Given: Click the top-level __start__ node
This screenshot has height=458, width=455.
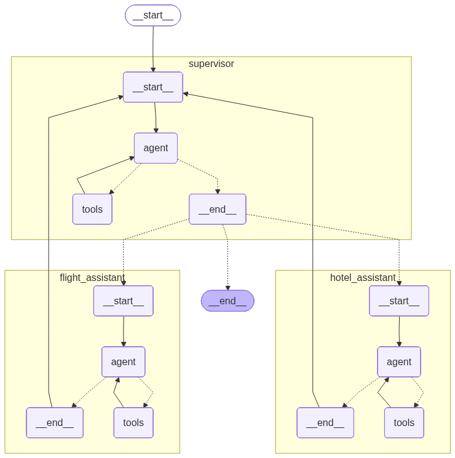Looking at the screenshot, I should (153, 15).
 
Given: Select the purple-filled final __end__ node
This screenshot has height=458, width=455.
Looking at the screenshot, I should (228, 301).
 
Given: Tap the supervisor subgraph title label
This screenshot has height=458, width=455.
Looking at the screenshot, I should (211, 64).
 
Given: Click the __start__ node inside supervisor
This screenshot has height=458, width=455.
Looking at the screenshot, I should (153, 87).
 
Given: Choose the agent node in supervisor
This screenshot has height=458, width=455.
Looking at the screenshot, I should (156, 148).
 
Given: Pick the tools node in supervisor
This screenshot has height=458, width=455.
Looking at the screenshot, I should (92, 209).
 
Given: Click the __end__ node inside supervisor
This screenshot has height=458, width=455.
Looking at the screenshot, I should (217, 209).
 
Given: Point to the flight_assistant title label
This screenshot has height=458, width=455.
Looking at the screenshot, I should (92, 277).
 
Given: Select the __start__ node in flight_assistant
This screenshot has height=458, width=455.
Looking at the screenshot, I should (124, 301).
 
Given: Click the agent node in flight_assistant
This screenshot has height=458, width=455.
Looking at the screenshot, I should (124, 361).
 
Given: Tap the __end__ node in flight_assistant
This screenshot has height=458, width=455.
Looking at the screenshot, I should (55, 422).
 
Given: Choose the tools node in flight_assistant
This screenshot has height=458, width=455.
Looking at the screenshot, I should (133, 422).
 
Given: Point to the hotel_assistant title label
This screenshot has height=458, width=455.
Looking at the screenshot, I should (363, 277).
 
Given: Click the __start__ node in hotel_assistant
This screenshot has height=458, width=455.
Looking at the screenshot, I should (399, 301).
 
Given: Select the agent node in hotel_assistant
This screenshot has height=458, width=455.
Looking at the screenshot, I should (399, 361).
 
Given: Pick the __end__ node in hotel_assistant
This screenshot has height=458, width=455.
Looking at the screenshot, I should (325, 422).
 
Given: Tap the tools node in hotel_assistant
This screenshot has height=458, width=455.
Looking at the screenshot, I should (404, 422).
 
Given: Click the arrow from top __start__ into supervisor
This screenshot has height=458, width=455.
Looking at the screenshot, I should (153, 49).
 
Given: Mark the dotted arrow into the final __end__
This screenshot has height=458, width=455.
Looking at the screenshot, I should (228, 264).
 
